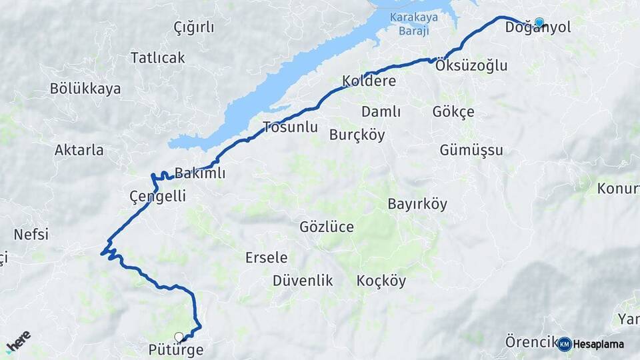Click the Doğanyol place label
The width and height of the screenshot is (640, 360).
coord(538,28)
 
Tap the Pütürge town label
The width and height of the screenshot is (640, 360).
coord(177,349)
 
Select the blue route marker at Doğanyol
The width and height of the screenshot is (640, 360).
coord(539,22)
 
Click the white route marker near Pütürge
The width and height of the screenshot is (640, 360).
coord(178,337)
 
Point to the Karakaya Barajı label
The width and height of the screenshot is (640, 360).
coord(409,25)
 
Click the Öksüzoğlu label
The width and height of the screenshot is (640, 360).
coord(471,65)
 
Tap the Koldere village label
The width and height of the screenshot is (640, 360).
coord(369,81)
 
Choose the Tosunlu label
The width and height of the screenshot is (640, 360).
coord(290,127)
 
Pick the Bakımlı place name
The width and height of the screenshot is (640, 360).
coord(200,173)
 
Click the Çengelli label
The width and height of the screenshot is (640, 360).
coord(157,196)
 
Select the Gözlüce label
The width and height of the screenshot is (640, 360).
coord(327,227)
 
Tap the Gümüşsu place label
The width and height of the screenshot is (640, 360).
coord(471,150)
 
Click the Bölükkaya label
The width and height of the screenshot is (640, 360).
coord(85,89)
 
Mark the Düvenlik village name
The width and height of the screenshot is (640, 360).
coord(303,281)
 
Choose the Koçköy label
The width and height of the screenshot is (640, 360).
coord(381,281)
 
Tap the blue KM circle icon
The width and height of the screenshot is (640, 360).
coord(565,344)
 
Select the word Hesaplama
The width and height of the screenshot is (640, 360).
coord(599,345)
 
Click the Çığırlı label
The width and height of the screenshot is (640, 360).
coord(194,27)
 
